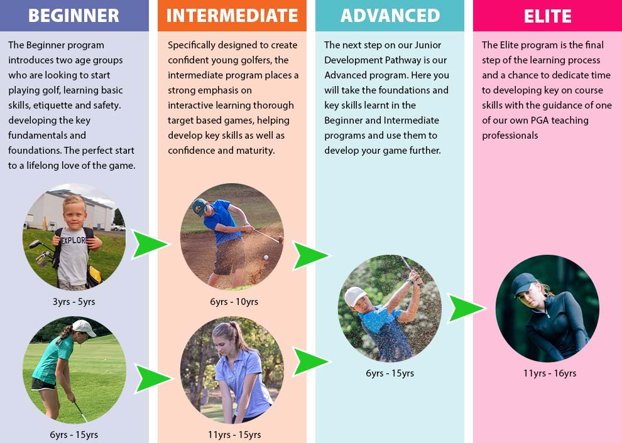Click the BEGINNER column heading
(74, 16)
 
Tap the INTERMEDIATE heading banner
(232, 16)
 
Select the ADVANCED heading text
(390, 16)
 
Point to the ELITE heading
(548, 16)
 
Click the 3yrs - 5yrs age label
(74, 302)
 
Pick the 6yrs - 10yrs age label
(234, 302)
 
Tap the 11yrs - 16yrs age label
(550, 373)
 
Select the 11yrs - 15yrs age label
(234, 435)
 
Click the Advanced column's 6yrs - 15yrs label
(390, 373)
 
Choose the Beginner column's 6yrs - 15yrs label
(74, 435)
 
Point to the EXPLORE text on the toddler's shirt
(74, 240)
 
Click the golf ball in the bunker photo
(266, 257)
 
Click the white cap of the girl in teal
(84, 328)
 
